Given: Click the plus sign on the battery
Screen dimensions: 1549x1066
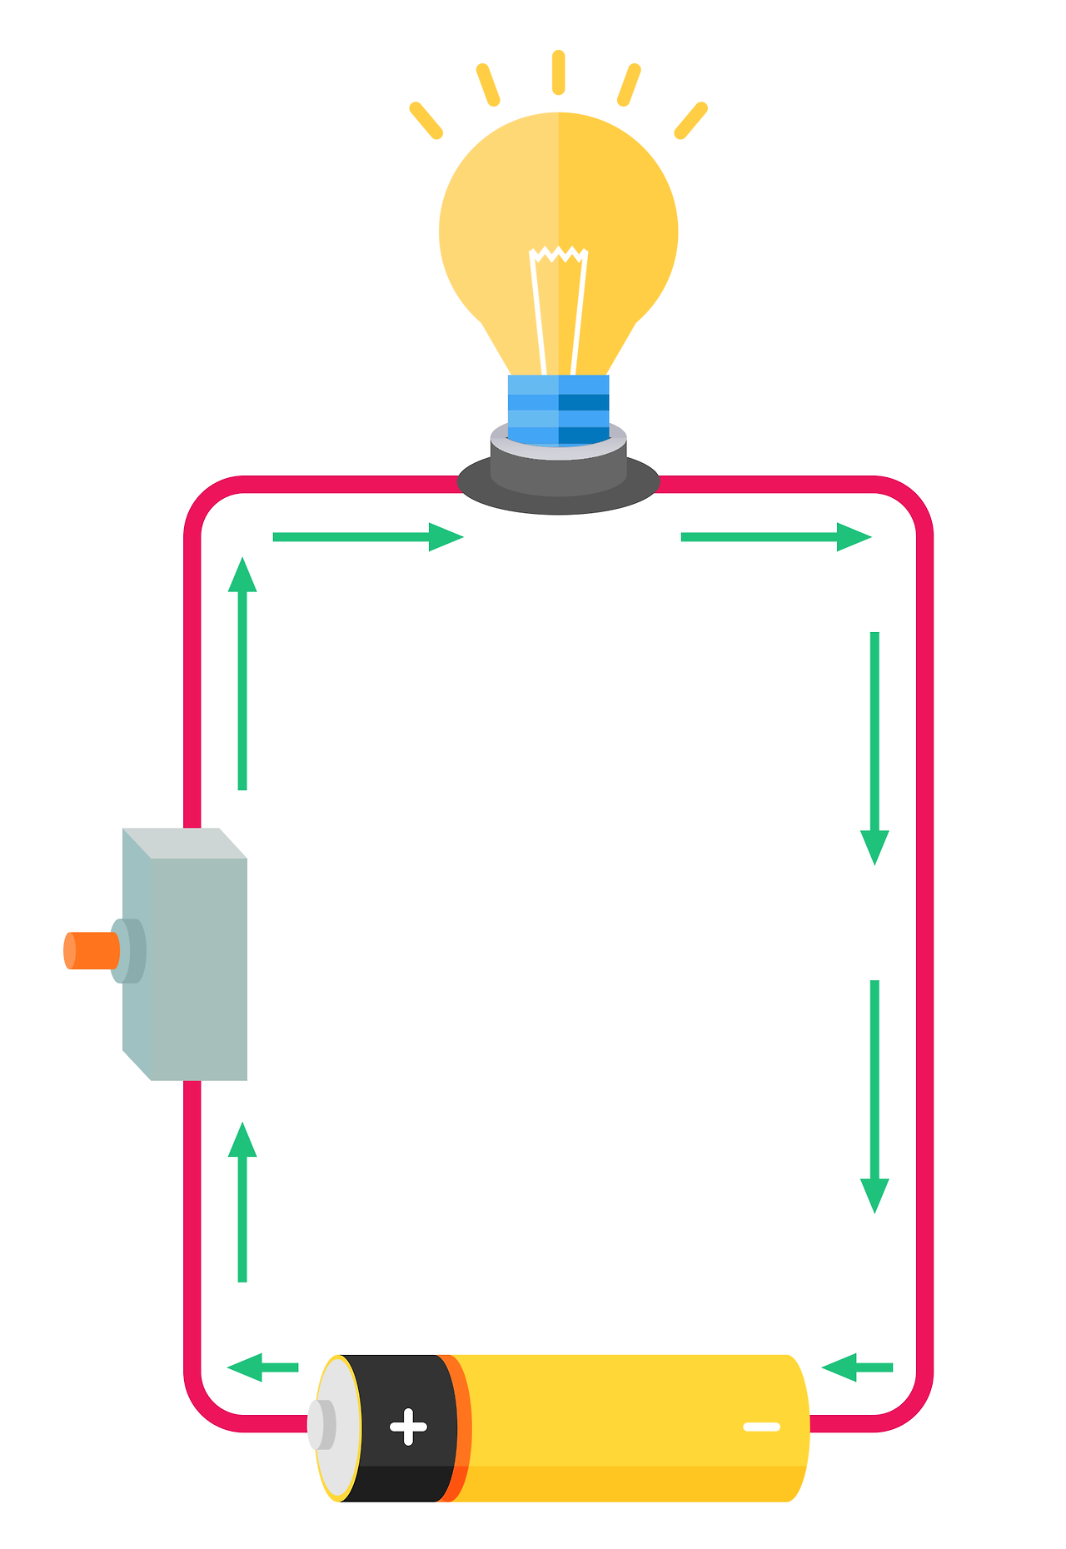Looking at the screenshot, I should (x=408, y=1427).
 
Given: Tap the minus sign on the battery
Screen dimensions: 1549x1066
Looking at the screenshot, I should (x=761, y=1427).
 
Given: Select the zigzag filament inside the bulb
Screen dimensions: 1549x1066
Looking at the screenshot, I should (x=559, y=254).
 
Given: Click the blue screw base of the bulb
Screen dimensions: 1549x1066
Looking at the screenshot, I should (x=559, y=409).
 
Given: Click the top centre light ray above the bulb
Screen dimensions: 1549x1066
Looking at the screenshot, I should (x=559, y=72).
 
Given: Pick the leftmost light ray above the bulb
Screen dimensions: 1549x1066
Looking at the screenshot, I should (x=426, y=121).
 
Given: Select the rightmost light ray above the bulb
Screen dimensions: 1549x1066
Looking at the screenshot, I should (x=690, y=121).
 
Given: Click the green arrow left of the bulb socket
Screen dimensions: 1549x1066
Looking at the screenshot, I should (x=367, y=537).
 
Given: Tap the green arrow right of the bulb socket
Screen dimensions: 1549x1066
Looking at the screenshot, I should (x=775, y=537).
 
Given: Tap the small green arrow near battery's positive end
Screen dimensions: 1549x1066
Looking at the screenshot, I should (x=262, y=1367).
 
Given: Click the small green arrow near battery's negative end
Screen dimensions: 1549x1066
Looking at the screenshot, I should (x=857, y=1367).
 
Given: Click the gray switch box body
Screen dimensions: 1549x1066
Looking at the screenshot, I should (x=198, y=966).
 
